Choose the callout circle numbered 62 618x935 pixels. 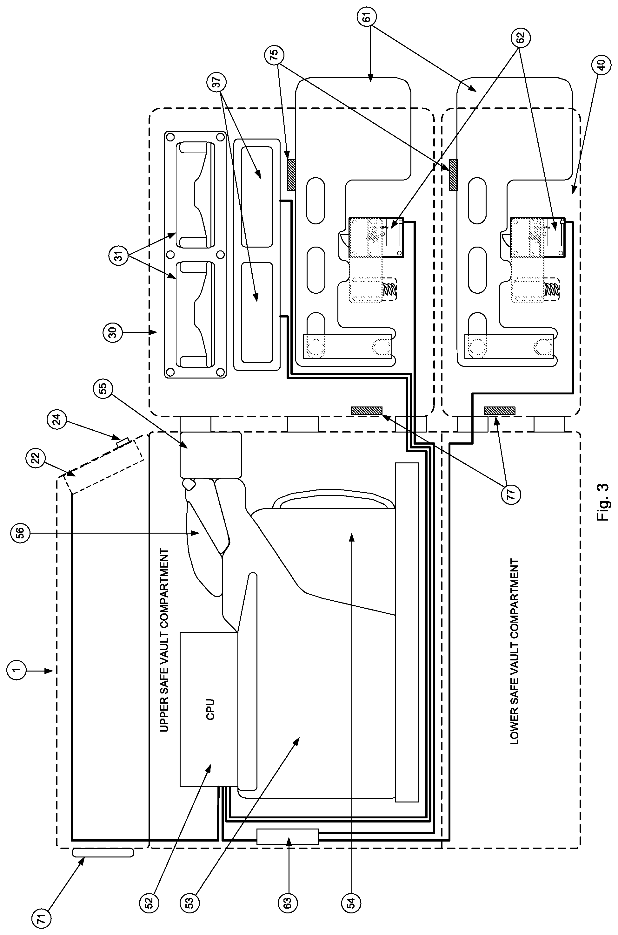pos(521,38)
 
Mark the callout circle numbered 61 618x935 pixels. pos(367,18)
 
